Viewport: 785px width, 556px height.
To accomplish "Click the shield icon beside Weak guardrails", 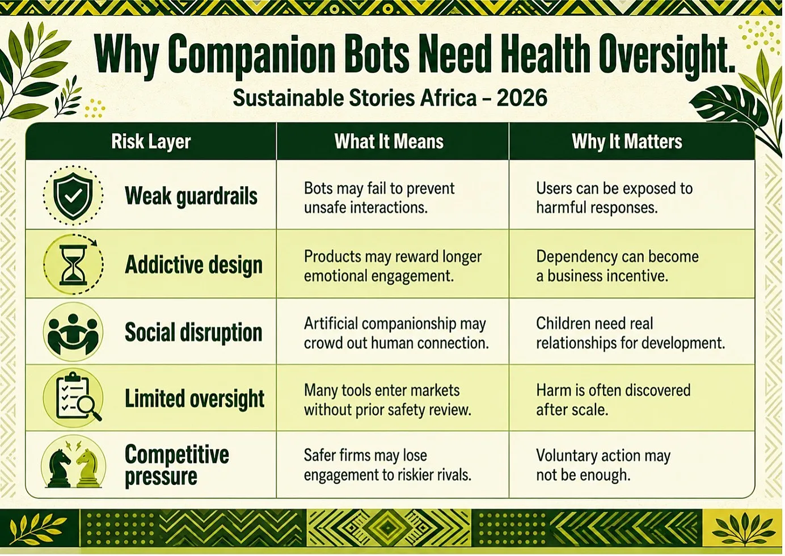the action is pyautogui.click(x=73, y=196).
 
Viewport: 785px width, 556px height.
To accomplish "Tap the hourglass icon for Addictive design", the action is pyautogui.click(x=73, y=265).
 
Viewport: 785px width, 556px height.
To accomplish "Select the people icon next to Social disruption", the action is pyautogui.click(x=73, y=332).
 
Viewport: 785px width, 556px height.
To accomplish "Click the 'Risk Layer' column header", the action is pyautogui.click(x=151, y=141).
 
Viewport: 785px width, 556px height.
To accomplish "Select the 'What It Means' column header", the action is pyautogui.click(x=389, y=141).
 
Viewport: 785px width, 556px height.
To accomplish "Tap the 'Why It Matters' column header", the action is pyautogui.click(x=627, y=141).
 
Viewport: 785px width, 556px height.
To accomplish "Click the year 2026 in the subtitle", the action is pyautogui.click(x=522, y=98).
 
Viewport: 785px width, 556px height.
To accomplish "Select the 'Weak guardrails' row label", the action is pyautogui.click(x=191, y=196).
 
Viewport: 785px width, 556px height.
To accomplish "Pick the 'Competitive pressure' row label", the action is pyautogui.click(x=177, y=466).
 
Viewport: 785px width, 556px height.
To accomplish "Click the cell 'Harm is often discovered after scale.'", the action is pyautogui.click(x=613, y=400).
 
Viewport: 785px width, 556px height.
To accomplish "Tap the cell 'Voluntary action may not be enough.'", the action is pyautogui.click(x=603, y=465).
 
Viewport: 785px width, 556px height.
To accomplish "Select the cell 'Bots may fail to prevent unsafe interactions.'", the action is pyautogui.click(x=379, y=198).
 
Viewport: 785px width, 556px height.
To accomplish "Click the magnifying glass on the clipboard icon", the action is pyautogui.click(x=89, y=408).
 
